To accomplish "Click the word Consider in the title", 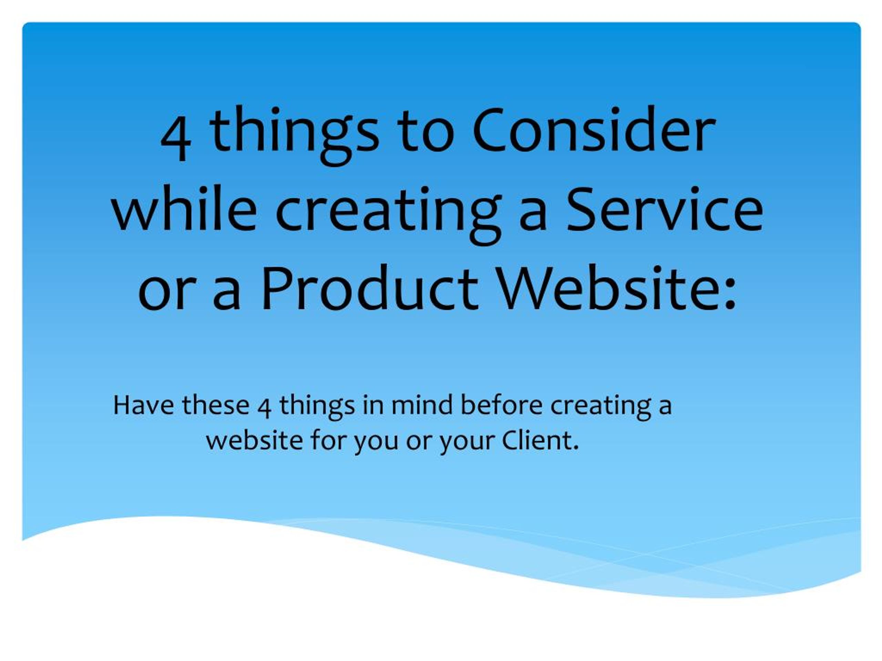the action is [594, 129].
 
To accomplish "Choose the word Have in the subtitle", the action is [144, 405].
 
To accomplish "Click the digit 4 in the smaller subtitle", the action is [265, 407].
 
